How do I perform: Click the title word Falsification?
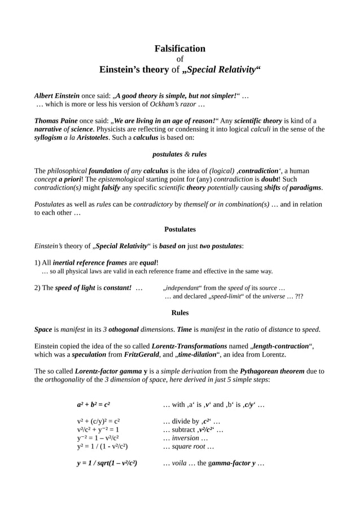[x=180, y=49]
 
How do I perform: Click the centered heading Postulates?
[x=180, y=230]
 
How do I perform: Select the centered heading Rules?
[x=180, y=313]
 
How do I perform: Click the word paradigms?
[x=305, y=187]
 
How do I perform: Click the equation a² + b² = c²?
[x=94, y=405]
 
